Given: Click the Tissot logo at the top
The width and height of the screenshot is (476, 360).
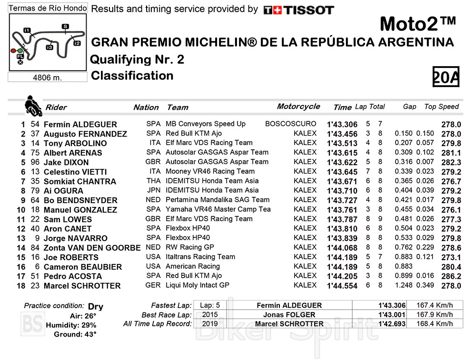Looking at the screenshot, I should pyautogui.click(x=298, y=10).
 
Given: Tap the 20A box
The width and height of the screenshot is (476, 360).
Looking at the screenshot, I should pyautogui.click(x=446, y=77).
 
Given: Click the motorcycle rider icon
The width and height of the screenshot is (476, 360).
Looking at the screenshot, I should pyautogui.click(x=33, y=105).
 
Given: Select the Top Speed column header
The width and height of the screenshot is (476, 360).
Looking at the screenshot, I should pyautogui.click(x=441, y=107).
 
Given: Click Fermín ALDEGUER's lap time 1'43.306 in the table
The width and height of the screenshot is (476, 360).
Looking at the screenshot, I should pyautogui.click(x=342, y=125).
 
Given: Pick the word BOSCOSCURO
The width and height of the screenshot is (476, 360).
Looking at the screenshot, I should pyautogui.click(x=290, y=124).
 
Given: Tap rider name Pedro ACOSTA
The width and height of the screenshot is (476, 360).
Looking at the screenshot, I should pyautogui.click(x=72, y=276).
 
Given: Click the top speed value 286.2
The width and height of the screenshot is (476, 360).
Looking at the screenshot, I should pyautogui.click(x=451, y=276).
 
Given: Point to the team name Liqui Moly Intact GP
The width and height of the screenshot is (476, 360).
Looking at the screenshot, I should pyautogui.click(x=197, y=285).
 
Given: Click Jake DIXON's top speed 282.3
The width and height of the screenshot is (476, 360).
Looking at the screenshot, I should pyautogui.click(x=451, y=162).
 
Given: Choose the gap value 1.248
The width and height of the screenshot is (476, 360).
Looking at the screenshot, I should pyautogui.click(x=403, y=285).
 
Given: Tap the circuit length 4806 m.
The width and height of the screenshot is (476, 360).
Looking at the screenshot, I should pyautogui.click(x=47, y=78).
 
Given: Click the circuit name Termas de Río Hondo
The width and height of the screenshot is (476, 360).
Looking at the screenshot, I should pyautogui.click(x=48, y=9).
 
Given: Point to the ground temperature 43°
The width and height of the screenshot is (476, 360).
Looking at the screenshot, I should pyautogui.click(x=88, y=335).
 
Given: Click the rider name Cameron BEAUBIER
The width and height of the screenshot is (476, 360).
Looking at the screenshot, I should pyautogui.click(x=82, y=267).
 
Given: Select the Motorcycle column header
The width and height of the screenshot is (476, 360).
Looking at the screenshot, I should pyautogui.click(x=298, y=107).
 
